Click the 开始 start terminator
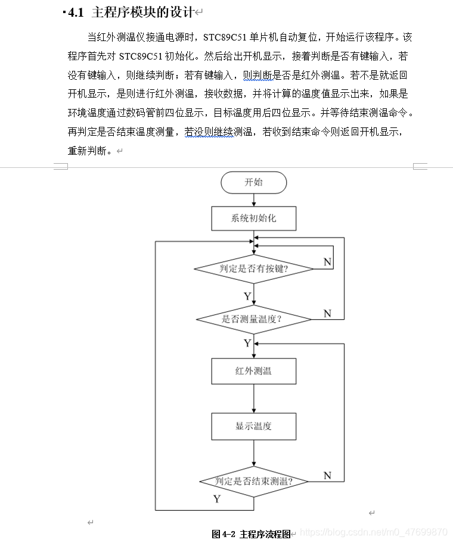click(x=253, y=182)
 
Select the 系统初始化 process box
click(x=253, y=219)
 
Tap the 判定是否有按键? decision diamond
click(x=254, y=269)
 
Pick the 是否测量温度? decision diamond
click(x=254, y=319)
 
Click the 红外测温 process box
click(x=253, y=371)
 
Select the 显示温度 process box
click(x=253, y=426)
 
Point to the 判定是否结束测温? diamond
click(x=254, y=481)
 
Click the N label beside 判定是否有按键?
click(x=327, y=262)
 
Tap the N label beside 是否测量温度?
click(x=327, y=313)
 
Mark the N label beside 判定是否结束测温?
click(x=327, y=475)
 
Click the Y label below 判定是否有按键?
click(x=247, y=296)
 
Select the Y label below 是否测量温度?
click(x=247, y=343)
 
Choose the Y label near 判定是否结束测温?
click(x=217, y=499)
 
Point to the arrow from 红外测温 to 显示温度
click(x=254, y=398)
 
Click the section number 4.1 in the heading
click(x=76, y=13)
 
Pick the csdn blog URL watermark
click(x=373, y=531)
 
